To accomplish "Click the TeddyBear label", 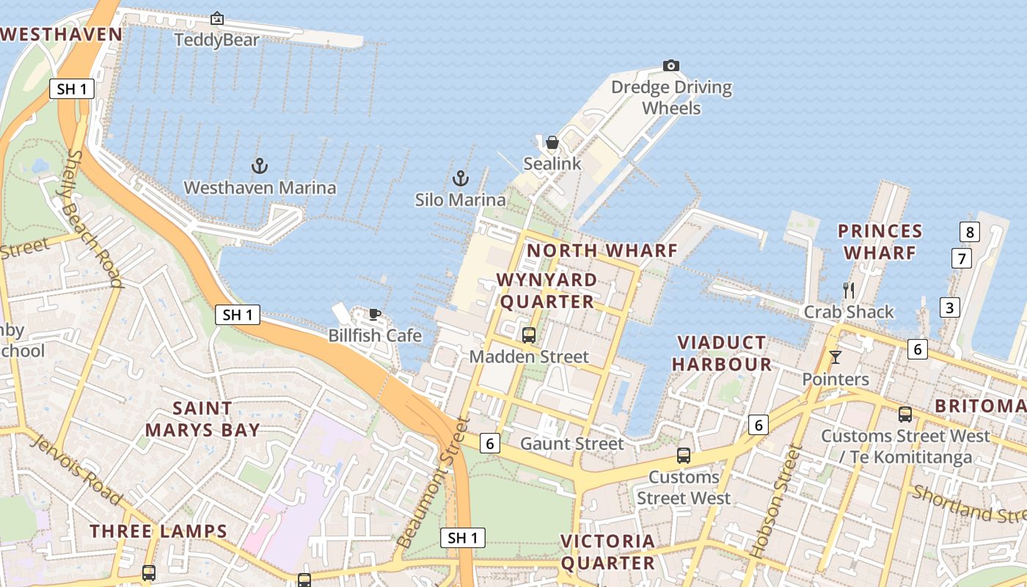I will pos(216,40).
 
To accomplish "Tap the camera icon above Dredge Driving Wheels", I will pos(670,66).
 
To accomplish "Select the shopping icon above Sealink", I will pos(552,142).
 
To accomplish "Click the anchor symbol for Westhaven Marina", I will pos(260,166).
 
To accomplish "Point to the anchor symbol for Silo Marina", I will pos(460,178).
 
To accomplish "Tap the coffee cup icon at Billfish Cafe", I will pos(375,315).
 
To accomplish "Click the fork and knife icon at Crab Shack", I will pos(849,291).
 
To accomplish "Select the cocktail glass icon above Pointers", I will pos(835,357).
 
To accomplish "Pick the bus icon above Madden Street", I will pos(529,335).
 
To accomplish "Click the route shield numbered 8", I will pos(970,233).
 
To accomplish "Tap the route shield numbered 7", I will pos(961,258).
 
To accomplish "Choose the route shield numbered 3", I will pos(950,307).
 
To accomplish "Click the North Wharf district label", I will pos(602,250).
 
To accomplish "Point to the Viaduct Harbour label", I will pos(722,353).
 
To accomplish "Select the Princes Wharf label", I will pos(880,242).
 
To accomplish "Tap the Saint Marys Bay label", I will pos(202,419).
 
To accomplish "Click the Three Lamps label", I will pos(158,531).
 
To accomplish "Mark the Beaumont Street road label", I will pos(433,483).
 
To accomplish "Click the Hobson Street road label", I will pos(775,501).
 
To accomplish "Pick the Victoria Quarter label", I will pos(607,552).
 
